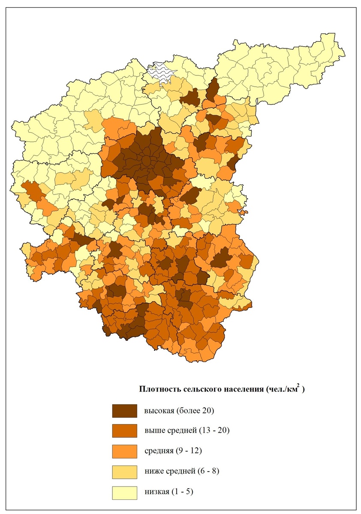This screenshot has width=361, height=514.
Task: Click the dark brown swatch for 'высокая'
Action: (124, 411)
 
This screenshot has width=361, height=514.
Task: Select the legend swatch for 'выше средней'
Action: (124, 431)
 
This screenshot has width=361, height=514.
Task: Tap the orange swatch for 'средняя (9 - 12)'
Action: (124, 451)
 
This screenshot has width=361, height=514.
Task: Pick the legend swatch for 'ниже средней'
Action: (124, 472)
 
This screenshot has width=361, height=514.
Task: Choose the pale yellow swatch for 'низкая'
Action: (124, 492)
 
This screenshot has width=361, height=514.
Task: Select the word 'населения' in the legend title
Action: (242, 389)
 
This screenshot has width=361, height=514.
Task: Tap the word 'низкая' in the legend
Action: (156, 492)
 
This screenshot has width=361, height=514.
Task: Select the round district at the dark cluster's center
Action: (147, 161)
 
